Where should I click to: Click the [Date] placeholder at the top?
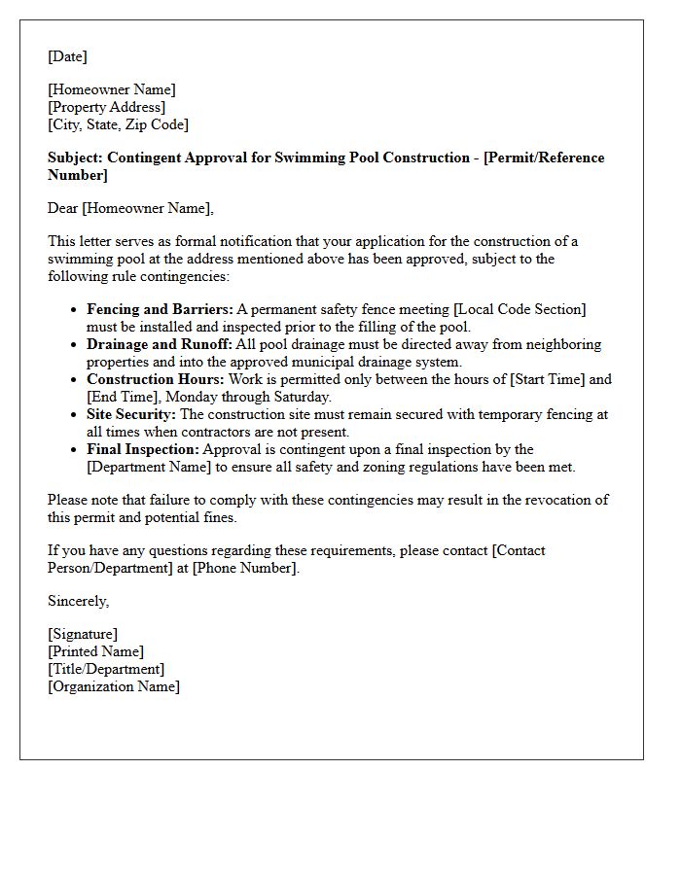67,56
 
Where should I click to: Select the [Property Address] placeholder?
107,107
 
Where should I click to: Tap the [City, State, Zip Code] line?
118,124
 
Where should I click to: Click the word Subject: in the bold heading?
76,157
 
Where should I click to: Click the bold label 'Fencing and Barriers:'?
160,309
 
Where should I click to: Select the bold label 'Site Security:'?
131,414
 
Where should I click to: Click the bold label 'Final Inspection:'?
143,449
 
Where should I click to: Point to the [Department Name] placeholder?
147,467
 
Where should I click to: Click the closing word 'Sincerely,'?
78,601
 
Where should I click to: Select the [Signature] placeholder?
83,634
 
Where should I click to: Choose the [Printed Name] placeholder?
95,651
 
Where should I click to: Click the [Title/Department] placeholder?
106,669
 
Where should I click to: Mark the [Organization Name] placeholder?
114,686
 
